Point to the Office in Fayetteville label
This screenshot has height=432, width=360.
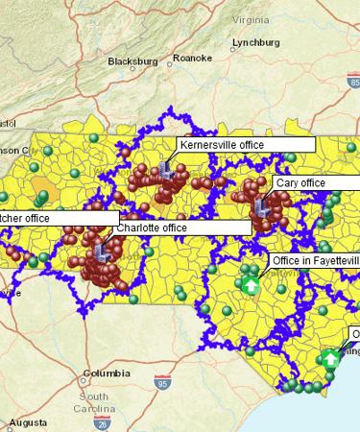tap(315, 260)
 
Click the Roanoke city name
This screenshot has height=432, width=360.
tap(193, 58)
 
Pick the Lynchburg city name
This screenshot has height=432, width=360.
tap(256, 43)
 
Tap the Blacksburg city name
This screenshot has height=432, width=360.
tap(132, 60)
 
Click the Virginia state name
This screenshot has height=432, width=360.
tap(251, 19)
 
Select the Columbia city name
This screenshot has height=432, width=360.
tap(107, 373)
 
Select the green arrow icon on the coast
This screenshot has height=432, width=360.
tap(330, 358)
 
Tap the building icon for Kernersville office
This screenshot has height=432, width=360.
tap(166, 171)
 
